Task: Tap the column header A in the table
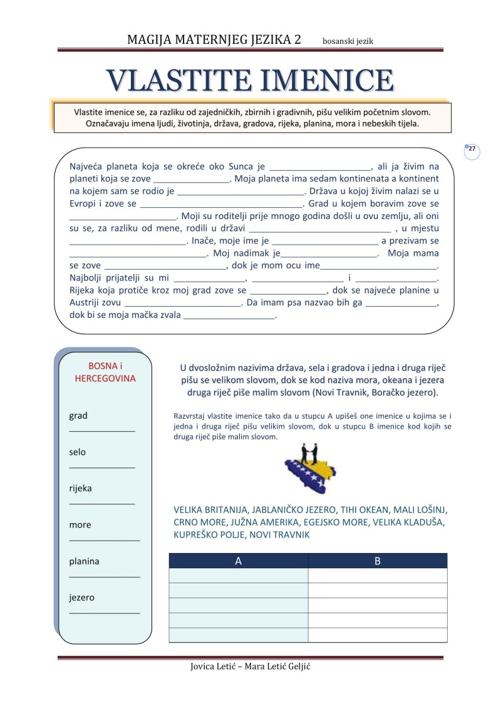238,561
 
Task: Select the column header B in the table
378,561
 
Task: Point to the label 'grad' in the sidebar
78,416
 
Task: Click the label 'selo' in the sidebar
78,452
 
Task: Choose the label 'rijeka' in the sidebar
80,488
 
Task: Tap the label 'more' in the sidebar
80,524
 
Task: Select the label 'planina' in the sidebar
84,561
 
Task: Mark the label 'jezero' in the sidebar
82,598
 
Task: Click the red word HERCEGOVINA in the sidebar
105,379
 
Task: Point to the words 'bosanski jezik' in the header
348,41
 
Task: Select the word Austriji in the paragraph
86,303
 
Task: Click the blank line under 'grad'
101,431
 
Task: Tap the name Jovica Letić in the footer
215,666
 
